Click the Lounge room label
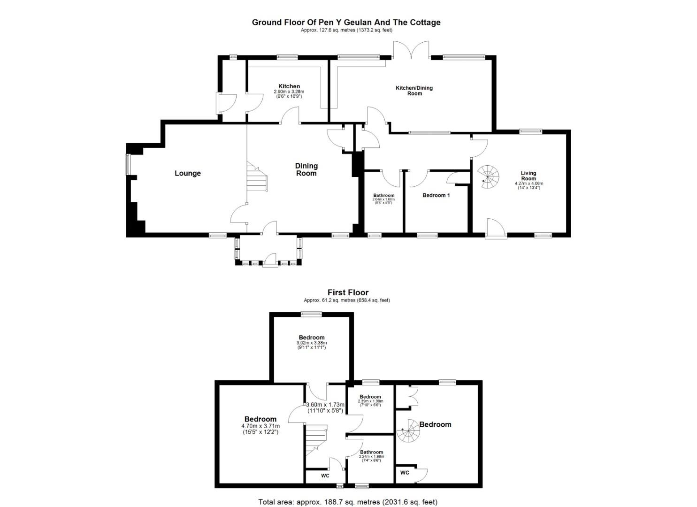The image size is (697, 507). [x=187, y=173]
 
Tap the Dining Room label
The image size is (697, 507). [x=306, y=169]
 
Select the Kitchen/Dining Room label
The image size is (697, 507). [x=414, y=91]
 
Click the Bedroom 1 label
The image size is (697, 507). [x=436, y=195]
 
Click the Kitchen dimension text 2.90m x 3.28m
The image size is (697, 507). [x=289, y=92]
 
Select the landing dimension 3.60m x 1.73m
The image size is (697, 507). [x=325, y=405]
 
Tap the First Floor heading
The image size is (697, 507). [x=348, y=292]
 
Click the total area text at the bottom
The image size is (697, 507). [x=348, y=502]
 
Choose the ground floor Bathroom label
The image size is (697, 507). [x=383, y=196]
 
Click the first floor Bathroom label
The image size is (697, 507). [x=371, y=452]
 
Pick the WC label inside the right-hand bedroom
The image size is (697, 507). [x=405, y=473]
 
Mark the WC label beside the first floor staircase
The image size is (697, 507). [x=325, y=476]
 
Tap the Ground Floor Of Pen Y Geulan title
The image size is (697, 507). [x=346, y=22]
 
